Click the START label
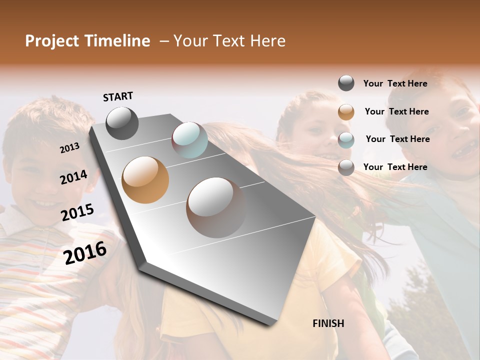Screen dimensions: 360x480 point(118,96)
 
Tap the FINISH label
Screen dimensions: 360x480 point(328,323)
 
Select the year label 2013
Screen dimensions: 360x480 point(69,147)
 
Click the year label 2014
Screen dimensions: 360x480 point(73,177)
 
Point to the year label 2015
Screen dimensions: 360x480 point(77,212)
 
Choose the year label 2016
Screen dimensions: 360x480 point(85,252)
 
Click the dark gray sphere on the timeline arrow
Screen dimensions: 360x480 point(122,123)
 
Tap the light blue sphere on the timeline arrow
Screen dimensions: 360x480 point(189,139)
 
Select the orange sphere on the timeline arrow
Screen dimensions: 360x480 point(145,179)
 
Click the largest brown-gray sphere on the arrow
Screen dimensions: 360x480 point(216,207)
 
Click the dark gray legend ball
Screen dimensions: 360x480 point(346,83)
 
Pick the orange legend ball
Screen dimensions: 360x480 point(346,112)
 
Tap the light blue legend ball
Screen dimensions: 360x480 point(346,140)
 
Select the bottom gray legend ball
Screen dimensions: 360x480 point(346,167)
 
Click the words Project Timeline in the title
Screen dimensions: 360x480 point(87,41)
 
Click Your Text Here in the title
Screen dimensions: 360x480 point(229,41)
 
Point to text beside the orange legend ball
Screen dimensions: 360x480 point(396,111)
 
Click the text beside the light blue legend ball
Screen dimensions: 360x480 point(397,139)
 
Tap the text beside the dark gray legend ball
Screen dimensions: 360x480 point(395,83)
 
